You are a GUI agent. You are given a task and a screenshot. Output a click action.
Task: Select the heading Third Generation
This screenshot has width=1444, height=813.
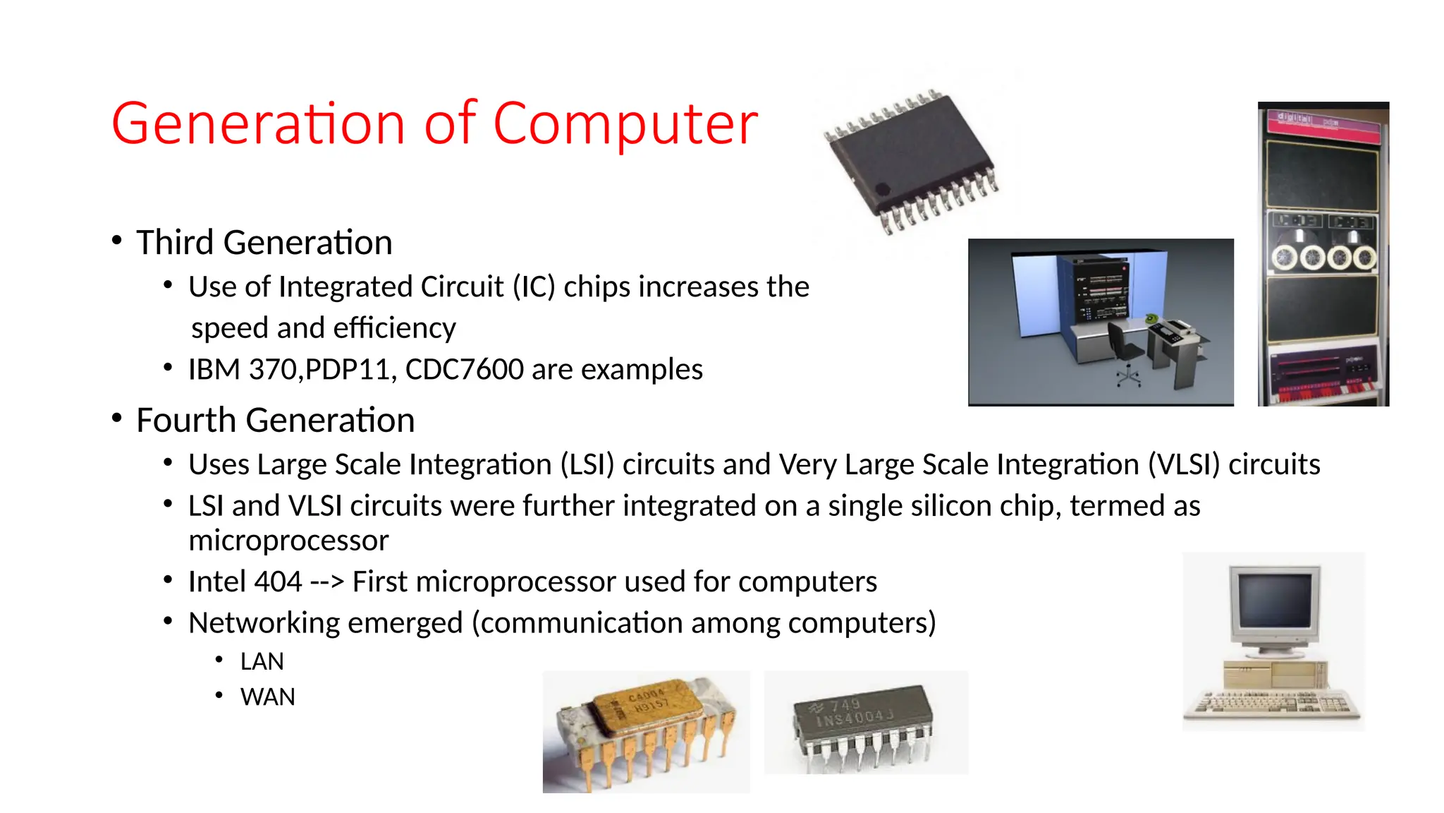click(264, 243)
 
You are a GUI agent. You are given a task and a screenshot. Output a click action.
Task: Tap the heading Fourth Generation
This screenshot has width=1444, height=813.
click(275, 421)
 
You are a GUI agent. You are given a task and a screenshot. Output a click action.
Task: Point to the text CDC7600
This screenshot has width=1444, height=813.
click(464, 370)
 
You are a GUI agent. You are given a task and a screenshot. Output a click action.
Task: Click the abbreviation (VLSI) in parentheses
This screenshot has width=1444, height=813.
click(1184, 465)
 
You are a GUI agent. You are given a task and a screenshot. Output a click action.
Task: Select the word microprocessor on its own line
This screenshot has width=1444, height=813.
click(288, 541)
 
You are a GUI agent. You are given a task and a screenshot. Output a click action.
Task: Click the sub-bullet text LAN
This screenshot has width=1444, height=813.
click(262, 662)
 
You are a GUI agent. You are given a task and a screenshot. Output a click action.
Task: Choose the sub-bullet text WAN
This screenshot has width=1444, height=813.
click(267, 697)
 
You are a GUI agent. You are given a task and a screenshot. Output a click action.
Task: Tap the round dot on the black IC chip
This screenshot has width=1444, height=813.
click(882, 189)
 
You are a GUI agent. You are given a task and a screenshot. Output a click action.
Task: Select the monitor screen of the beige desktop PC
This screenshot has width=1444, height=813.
click(1275, 600)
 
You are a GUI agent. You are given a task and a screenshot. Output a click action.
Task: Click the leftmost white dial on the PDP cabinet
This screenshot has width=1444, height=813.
click(1285, 258)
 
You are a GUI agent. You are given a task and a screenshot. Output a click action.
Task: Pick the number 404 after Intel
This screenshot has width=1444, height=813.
click(279, 582)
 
